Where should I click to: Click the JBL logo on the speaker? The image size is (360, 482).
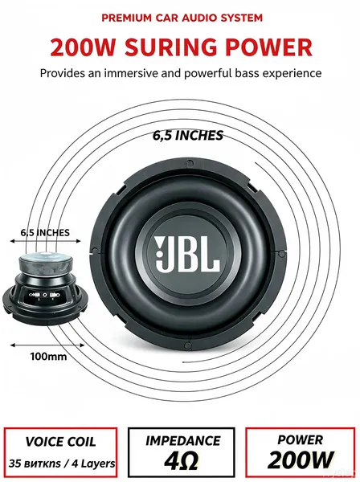tap(187, 255)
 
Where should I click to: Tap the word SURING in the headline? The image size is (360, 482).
tap(170, 47)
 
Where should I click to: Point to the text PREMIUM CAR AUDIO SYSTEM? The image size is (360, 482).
tap(182, 18)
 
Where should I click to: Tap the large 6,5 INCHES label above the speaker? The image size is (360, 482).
tap(188, 135)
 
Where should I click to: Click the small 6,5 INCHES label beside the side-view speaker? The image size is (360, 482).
tap(45, 232)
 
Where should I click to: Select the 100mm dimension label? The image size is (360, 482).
tap(48, 356)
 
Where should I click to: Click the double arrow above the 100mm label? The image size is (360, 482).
tap(47, 345)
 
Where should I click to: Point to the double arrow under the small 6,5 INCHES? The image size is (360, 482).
tap(46, 241)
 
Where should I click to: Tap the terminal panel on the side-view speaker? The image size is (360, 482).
tap(46, 295)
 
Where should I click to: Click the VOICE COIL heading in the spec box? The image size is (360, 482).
tap(60, 442)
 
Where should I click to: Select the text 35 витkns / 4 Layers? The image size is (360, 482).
tap(62, 464)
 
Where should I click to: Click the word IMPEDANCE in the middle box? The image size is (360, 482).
tap(182, 441)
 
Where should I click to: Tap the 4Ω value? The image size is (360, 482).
tap(181, 460)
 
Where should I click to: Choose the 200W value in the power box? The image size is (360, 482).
tap(301, 460)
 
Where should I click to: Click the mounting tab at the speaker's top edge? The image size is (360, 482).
tap(187, 162)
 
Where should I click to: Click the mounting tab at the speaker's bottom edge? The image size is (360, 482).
tap(187, 345)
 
